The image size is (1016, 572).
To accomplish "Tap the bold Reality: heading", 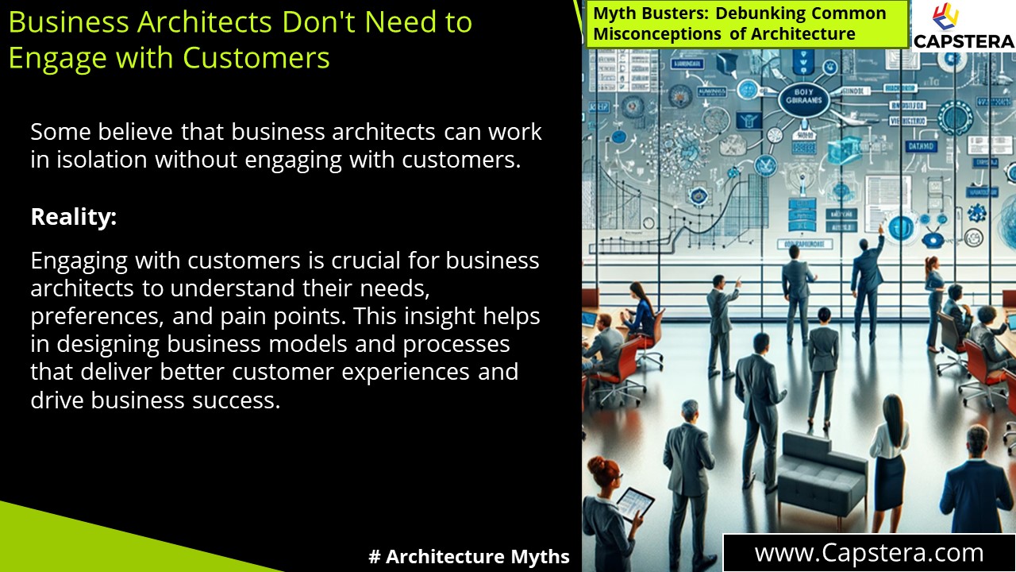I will (x=74, y=217).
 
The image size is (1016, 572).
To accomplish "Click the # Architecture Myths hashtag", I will (x=469, y=557).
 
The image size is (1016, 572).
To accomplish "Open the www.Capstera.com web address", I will (x=869, y=553).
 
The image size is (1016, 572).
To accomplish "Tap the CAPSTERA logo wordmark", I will (x=964, y=41).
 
